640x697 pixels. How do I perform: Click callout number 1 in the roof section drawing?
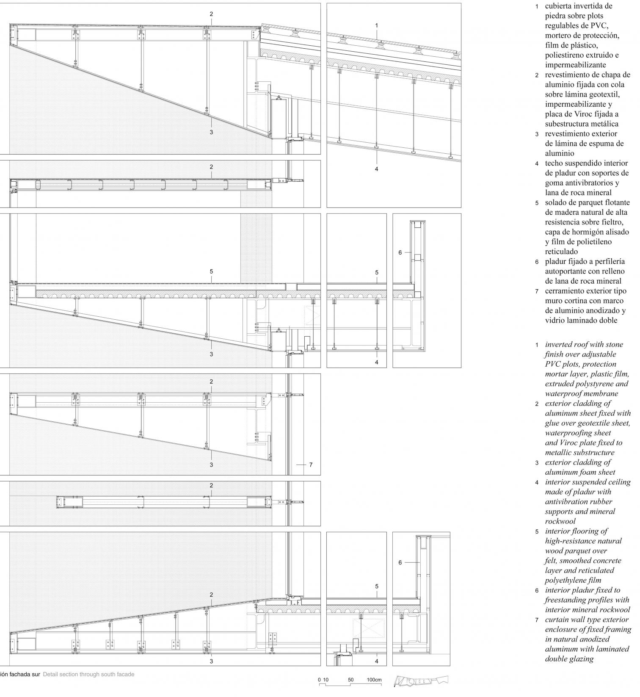click(x=376, y=25)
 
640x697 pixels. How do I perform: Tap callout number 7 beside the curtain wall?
click(x=311, y=465)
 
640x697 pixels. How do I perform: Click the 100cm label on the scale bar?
click(x=374, y=680)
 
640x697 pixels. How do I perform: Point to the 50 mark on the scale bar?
click(x=350, y=680)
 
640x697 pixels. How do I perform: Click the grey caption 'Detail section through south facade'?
click(x=88, y=674)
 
